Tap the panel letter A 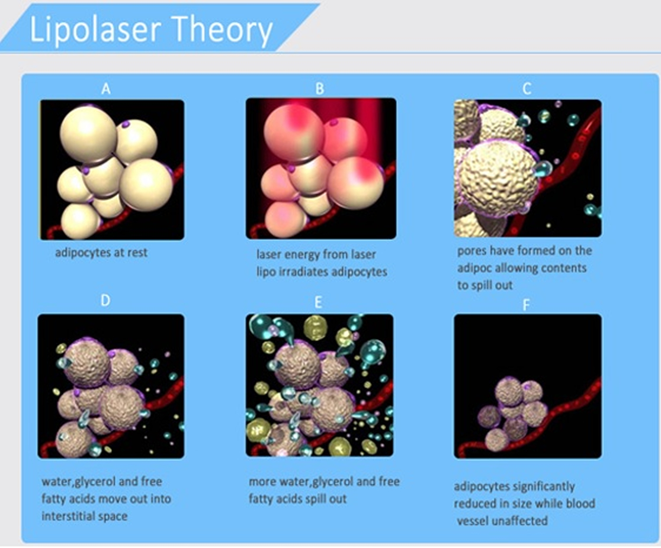pyautogui.click(x=106, y=89)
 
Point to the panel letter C pyautogui.click(x=527, y=88)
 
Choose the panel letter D pyautogui.click(x=105, y=300)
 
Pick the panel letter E pyautogui.click(x=318, y=302)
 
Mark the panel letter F pyautogui.click(x=526, y=305)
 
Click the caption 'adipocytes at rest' pyautogui.click(x=102, y=253)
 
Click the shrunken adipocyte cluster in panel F pyautogui.click(x=514, y=414)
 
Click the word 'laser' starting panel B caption pyautogui.click(x=269, y=255)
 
